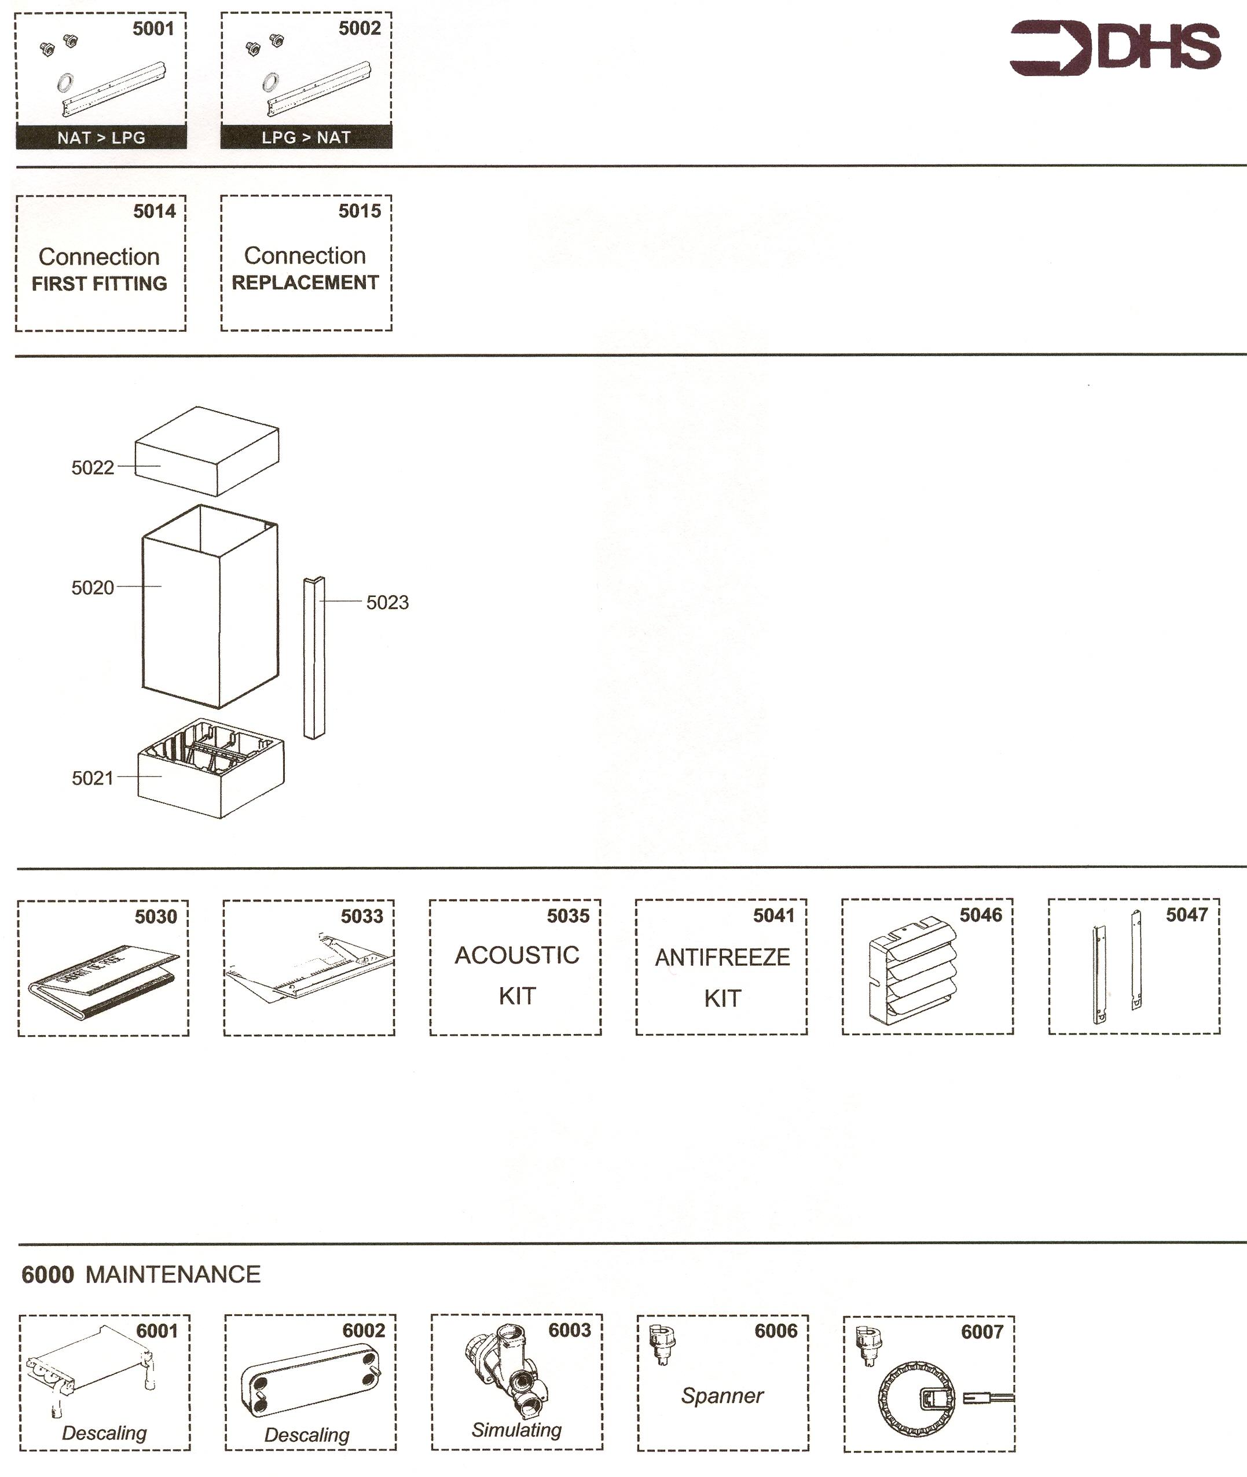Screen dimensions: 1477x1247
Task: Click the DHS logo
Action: point(1115,48)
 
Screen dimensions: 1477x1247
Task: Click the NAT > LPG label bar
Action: point(101,137)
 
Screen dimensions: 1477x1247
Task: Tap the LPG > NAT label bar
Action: point(306,137)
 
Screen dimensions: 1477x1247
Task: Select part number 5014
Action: point(154,211)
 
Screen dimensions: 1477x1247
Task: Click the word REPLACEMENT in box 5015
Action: point(306,283)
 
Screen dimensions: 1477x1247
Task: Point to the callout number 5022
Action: point(93,467)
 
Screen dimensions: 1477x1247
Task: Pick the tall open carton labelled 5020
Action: point(210,608)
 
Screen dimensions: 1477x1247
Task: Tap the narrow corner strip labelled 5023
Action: point(314,658)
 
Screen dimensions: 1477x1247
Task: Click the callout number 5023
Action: point(387,602)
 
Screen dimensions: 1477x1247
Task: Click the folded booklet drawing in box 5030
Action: point(103,978)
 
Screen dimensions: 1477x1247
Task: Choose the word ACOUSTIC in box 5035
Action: point(517,955)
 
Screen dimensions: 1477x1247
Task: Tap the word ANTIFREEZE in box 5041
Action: point(722,957)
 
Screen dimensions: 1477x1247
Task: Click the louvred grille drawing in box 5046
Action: point(912,973)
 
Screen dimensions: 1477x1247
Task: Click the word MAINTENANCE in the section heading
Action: point(173,1274)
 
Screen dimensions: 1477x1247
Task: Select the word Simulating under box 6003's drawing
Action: point(517,1430)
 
